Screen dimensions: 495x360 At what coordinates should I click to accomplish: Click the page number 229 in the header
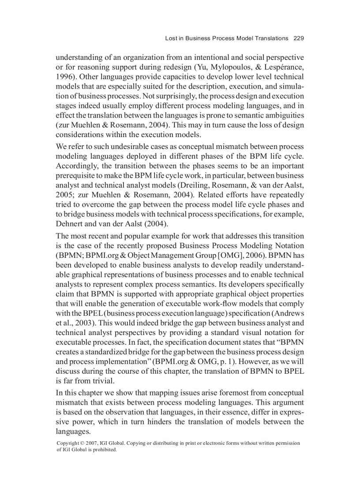click(299, 38)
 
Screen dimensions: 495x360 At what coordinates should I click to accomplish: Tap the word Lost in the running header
click(171, 38)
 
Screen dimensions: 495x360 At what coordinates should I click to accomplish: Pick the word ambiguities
click(282, 115)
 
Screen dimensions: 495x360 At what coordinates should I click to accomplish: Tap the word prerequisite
click(77, 175)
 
